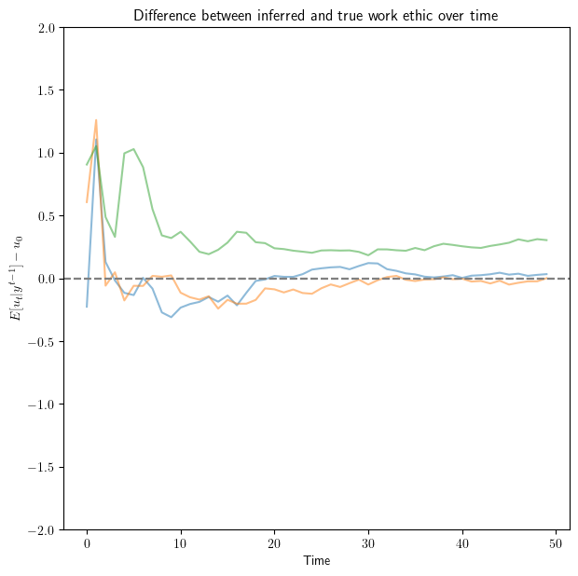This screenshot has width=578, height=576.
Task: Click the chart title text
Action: click(316, 15)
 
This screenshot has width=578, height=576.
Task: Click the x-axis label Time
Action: click(316, 561)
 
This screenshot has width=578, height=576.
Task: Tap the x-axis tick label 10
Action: click(181, 543)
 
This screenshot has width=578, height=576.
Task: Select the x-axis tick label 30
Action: click(369, 543)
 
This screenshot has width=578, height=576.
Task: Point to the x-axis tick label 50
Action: click(557, 543)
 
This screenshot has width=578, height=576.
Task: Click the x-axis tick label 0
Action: click(87, 543)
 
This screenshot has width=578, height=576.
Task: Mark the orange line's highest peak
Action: click(96, 119)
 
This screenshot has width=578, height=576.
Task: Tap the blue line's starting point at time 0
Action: click(87, 307)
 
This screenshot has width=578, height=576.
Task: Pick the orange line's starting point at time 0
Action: click(87, 202)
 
